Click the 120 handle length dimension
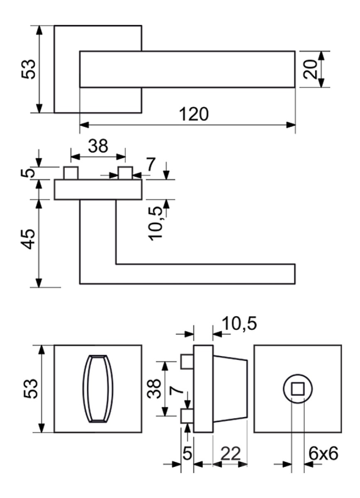pyautogui.click(x=194, y=114)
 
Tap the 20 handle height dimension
pyautogui.click(x=311, y=69)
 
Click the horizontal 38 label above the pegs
pyautogui.click(x=98, y=146)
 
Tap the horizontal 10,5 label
pyautogui.click(x=239, y=323)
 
